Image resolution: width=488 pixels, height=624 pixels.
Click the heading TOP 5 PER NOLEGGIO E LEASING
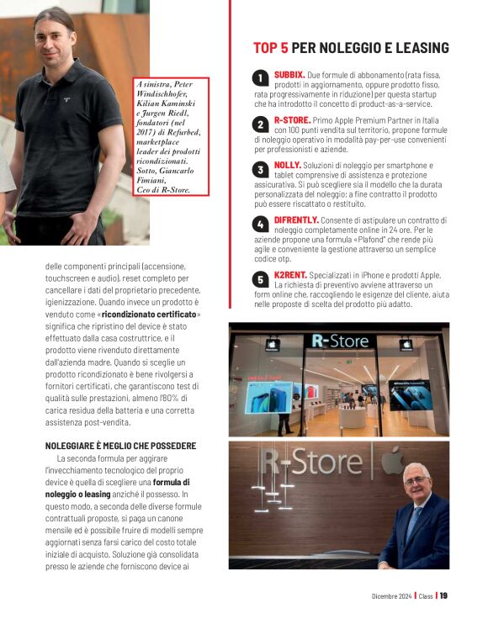[x=351, y=48]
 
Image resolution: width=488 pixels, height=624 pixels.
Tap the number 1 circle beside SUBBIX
[x=261, y=79]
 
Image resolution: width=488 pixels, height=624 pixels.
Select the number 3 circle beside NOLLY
[x=261, y=169]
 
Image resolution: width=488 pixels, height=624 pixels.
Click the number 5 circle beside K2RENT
[x=261, y=278]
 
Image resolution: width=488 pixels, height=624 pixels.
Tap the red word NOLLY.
[x=289, y=165]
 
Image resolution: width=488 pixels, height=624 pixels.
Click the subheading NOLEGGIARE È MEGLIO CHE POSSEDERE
[x=120, y=445]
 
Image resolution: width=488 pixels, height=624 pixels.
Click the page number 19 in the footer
[x=443, y=596]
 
